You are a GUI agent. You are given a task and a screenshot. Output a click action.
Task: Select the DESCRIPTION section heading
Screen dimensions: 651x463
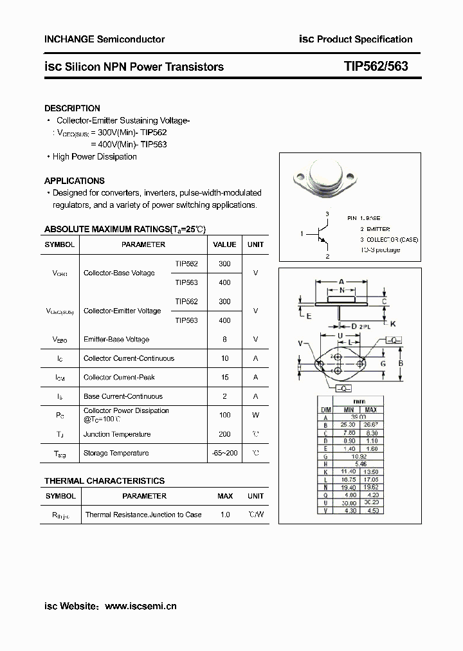(x=72, y=109)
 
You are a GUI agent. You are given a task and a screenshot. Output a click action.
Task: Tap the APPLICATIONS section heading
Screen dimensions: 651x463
(x=74, y=181)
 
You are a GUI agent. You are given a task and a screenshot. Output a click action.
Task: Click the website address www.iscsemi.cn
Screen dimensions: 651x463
(x=140, y=606)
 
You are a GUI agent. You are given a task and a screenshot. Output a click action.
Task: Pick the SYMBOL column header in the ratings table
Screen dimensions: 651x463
(x=60, y=244)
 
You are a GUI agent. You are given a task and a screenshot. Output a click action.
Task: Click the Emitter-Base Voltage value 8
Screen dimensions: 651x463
(x=224, y=339)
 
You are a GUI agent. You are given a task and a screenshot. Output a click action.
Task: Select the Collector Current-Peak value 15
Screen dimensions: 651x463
(x=224, y=377)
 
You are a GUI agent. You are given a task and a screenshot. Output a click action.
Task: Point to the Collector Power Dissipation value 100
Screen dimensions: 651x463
(x=224, y=415)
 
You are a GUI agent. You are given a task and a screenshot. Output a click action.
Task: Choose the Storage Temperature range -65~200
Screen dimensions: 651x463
(x=224, y=453)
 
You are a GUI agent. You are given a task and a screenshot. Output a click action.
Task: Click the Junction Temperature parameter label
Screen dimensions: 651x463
(x=117, y=434)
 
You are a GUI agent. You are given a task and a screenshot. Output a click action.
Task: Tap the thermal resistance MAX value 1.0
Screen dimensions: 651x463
(x=224, y=515)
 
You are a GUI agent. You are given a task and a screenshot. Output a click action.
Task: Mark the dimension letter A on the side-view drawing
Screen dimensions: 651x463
(x=341, y=282)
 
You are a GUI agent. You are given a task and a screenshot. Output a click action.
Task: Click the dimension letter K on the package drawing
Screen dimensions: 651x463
(x=393, y=323)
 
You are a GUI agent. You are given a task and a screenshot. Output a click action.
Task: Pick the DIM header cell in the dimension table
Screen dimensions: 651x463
(x=326, y=410)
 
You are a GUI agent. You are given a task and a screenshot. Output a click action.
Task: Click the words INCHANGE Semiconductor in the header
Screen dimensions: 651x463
(x=104, y=39)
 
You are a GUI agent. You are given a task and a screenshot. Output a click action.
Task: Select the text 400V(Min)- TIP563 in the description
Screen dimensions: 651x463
(x=132, y=145)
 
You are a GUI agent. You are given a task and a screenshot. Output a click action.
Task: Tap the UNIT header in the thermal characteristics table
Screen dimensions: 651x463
(x=255, y=496)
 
